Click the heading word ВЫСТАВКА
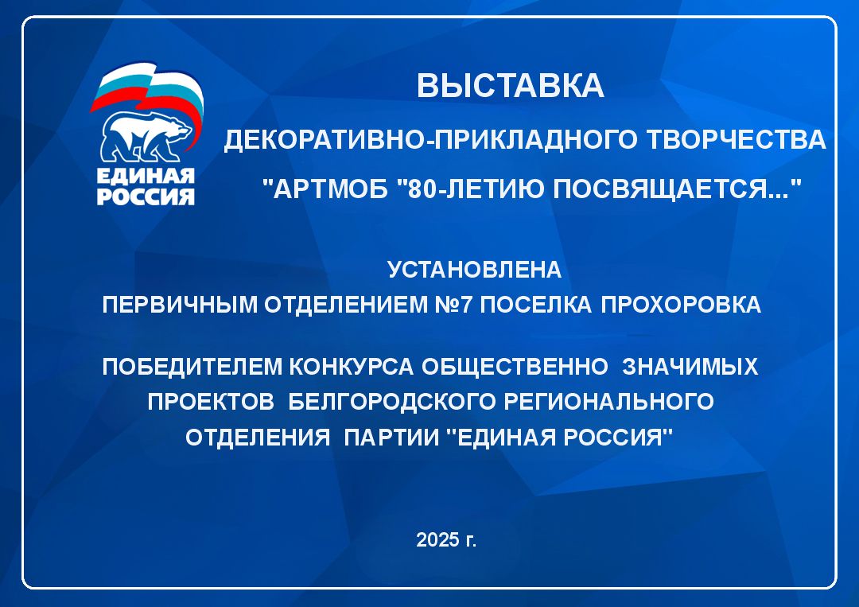pos(510,85)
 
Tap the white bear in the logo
pos(146,138)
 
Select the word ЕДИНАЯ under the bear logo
pos(146,177)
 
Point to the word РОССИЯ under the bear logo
pos(146,196)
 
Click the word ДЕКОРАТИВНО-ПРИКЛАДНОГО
pos(430,140)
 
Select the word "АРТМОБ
pos(325,189)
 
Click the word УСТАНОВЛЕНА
pos(474,270)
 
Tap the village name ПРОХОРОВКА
pos(681,305)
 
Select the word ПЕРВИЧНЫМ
pos(180,305)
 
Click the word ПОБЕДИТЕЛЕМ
pos(192,367)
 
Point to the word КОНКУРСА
pos(352,367)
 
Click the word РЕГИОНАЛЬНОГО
pos(608,402)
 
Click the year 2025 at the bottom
pos(437,539)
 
